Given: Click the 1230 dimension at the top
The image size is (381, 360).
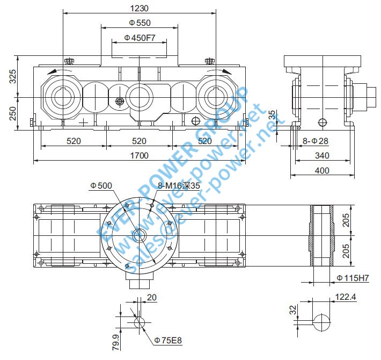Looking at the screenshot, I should [139, 8].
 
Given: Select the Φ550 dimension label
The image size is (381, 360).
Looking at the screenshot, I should [140, 23].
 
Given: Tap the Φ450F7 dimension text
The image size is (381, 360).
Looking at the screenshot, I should [140, 38].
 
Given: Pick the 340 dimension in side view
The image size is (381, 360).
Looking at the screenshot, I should [322, 156].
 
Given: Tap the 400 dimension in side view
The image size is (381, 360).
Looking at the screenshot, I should [322, 171].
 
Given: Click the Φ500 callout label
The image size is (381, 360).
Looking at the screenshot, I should [101, 185].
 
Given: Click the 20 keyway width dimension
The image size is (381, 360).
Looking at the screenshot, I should [152, 298].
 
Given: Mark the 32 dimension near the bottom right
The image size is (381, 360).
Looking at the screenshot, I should [293, 310].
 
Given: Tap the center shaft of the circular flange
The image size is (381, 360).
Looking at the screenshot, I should [140, 234].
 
